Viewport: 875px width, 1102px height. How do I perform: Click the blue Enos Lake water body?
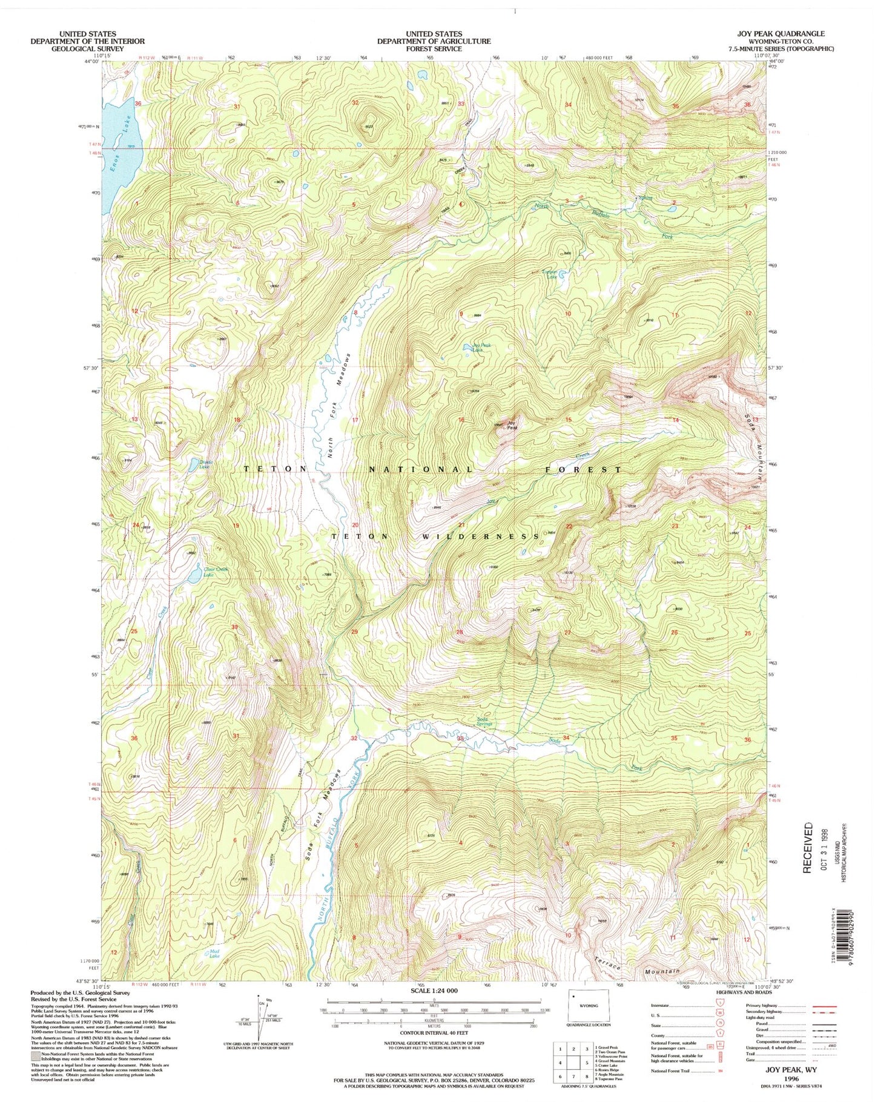(121, 157)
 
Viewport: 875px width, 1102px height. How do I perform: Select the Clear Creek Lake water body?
(194, 573)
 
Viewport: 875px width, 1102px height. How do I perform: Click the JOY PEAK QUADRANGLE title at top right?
(794, 34)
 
